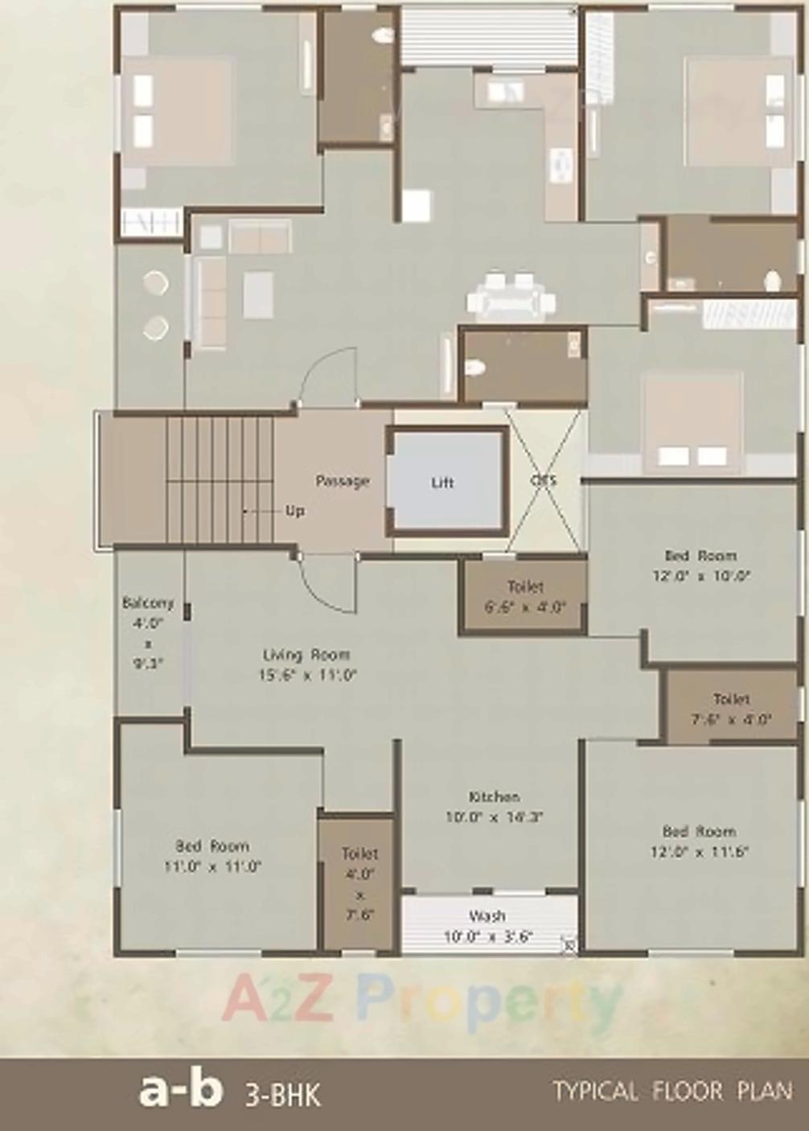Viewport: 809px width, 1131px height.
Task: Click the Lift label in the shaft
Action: (x=442, y=483)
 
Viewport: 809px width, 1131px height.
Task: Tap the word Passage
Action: (x=342, y=481)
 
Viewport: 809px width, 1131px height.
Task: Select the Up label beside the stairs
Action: (x=295, y=511)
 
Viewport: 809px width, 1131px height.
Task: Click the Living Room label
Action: (x=306, y=655)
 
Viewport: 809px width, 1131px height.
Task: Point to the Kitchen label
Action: (x=494, y=796)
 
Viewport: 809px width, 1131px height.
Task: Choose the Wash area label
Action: (x=487, y=915)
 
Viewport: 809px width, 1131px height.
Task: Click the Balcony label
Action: (x=147, y=603)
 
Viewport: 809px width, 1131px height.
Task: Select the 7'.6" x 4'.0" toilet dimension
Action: (x=731, y=719)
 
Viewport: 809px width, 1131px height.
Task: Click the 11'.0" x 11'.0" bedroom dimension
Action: (x=212, y=866)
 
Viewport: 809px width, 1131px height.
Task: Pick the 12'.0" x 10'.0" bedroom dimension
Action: (x=700, y=576)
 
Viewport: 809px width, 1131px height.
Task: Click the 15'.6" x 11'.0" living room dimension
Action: (x=306, y=676)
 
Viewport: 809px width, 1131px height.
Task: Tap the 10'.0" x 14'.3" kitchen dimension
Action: (x=494, y=816)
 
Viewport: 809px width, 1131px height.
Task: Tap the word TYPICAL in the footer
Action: (x=595, y=1092)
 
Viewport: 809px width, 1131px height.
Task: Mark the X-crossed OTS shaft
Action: (x=544, y=480)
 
